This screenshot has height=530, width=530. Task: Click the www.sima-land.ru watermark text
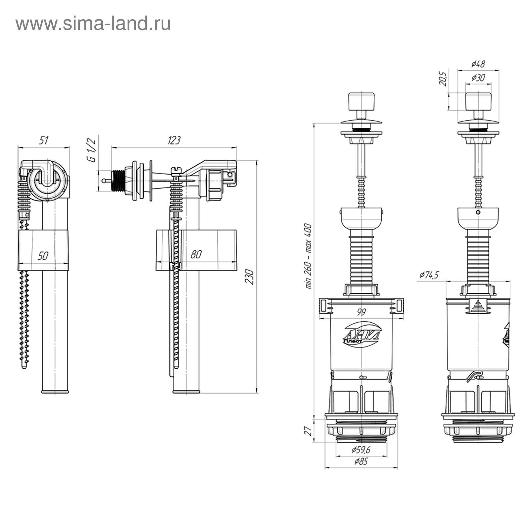[93, 24]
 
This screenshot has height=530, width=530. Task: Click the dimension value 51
[44, 140]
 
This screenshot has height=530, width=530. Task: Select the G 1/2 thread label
[91, 150]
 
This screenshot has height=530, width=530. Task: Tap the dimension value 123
[174, 140]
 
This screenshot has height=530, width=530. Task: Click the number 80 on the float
[196, 254]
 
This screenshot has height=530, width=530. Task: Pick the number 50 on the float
[43, 256]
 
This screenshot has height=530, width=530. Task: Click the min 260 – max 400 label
[308, 256]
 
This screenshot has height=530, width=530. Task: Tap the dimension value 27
[308, 431]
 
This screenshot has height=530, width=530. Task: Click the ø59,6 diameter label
[361, 450]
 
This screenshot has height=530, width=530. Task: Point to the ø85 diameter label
[361, 461]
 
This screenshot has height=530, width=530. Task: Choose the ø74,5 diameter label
[429, 275]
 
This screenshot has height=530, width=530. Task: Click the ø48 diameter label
[478, 64]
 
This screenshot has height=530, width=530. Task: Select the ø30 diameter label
[478, 78]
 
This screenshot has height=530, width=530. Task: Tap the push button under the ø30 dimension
[478, 101]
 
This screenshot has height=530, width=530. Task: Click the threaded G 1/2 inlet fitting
[119, 181]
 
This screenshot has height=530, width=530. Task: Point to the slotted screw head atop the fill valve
[176, 170]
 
